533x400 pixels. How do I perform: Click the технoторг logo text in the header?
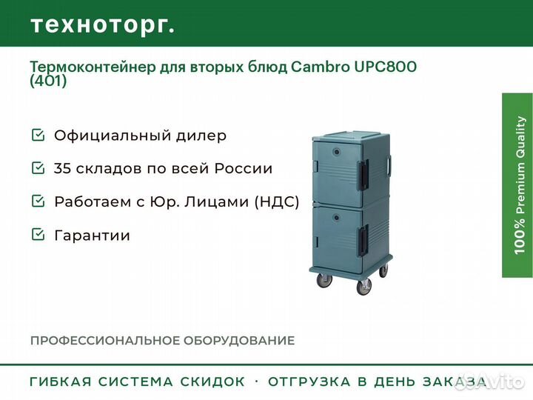tap(103, 25)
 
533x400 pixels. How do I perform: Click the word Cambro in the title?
tap(320, 67)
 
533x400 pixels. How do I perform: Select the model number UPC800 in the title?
tap(386, 67)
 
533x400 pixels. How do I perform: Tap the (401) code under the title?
tap(48, 81)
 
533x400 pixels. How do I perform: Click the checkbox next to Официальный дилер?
tap(38, 135)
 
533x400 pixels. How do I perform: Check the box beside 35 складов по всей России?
tap(38, 167)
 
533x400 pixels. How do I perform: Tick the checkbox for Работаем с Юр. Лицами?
tap(38, 201)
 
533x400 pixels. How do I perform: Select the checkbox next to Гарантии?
tap(38, 234)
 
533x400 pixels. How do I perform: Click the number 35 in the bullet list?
tap(62, 168)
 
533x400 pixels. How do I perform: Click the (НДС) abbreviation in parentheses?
tap(277, 201)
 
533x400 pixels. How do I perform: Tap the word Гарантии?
tap(92, 236)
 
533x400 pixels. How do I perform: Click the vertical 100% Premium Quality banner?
tap(517, 185)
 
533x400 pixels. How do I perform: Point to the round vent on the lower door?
tap(336, 217)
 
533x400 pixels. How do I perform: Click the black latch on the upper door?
tap(362, 176)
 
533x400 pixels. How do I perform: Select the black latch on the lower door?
tap(363, 241)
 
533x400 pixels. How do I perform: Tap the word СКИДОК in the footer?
tap(212, 381)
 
